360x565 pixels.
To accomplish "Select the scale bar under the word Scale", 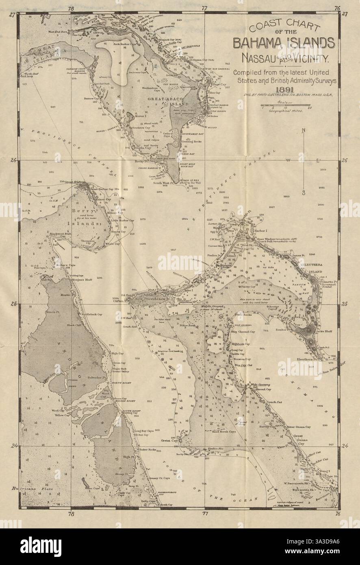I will [286, 107].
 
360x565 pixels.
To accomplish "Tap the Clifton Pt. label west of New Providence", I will [119, 302].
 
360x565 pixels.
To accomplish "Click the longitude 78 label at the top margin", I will [71, 8].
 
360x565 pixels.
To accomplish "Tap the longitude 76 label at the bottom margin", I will [337, 513].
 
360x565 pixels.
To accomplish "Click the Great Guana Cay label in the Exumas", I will [297, 440].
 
